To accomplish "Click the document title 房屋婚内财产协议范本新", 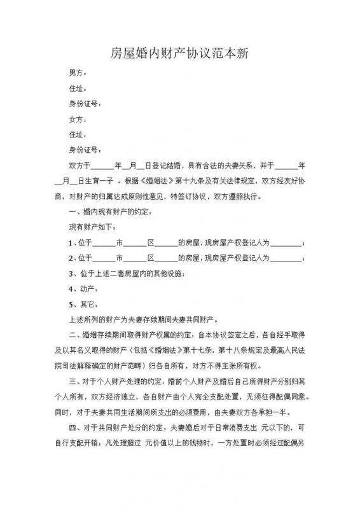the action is [179, 53].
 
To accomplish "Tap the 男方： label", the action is [78, 73].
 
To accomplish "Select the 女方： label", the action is [78, 119].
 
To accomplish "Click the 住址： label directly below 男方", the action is [78, 88].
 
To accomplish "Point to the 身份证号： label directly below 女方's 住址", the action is [83, 150].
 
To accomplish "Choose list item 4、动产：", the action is [81, 289].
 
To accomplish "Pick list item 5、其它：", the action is [81, 304].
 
